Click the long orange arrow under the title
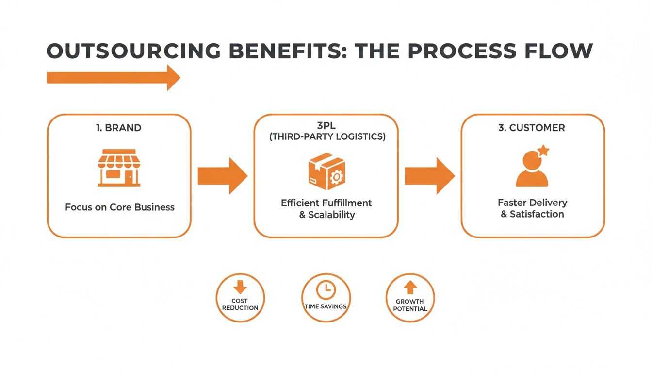point(113,77)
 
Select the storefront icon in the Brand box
point(119,168)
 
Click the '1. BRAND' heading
point(119,128)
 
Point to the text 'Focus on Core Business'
point(119,207)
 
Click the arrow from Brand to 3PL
point(222,175)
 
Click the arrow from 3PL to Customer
point(429,175)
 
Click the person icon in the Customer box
point(532,171)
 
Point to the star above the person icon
point(543,151)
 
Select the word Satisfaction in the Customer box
point(537,214)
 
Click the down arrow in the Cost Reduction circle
point(240,288)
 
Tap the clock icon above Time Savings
point(326,290)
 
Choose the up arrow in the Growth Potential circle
point(410,288)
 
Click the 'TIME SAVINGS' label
point(326,307)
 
